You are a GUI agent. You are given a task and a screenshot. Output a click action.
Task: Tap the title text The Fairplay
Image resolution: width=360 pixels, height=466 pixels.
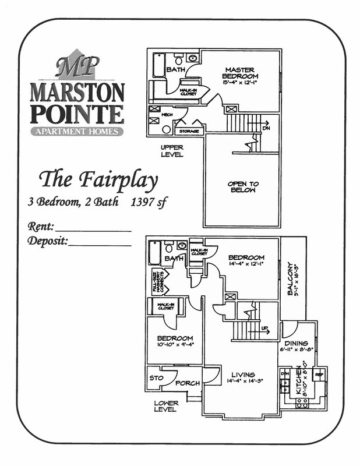point(98,181)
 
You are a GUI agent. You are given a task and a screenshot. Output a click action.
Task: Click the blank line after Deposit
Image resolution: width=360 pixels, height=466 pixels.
point(100,244)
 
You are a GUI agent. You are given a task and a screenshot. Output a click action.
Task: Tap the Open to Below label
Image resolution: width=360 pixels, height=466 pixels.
point(243,187)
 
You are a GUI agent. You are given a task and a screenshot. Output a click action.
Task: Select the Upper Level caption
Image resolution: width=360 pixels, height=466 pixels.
point(172,151)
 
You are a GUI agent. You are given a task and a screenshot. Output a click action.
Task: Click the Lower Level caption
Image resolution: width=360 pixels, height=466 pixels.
point(166,406)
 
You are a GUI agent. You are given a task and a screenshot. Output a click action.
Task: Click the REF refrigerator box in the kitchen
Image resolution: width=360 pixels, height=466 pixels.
point(318,374)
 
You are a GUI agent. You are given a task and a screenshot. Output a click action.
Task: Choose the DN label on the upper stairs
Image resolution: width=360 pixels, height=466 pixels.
point(266,128)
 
